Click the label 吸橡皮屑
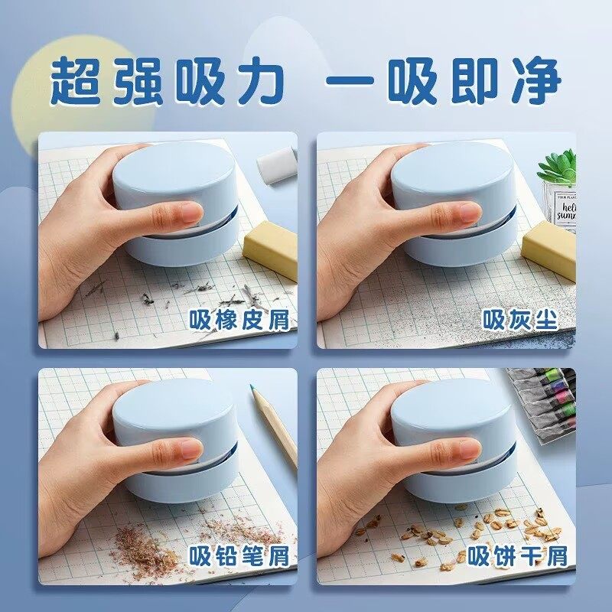pos(240,320)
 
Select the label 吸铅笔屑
pos(240,556)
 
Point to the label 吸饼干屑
pos(519,556)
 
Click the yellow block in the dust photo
pos(549,249)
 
